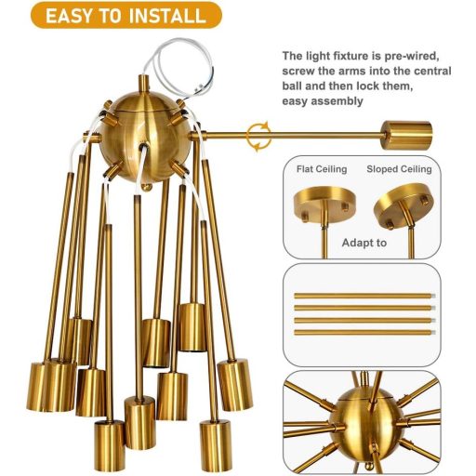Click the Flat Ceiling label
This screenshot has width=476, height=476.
322,169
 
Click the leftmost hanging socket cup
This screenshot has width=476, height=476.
39,384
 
